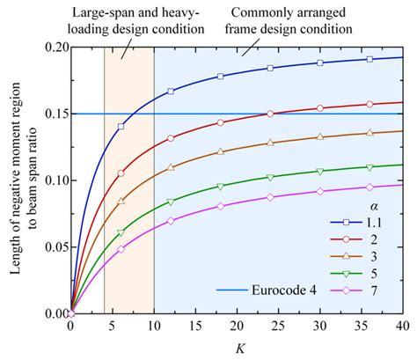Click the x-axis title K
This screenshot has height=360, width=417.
point(238,348)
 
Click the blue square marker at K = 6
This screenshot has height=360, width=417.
point(121,127)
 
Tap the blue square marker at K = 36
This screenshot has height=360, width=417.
point(370,59)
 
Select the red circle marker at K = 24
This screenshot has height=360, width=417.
point(270,114)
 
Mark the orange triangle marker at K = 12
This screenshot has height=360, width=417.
point(171,165)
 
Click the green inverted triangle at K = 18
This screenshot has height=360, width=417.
point(220,186)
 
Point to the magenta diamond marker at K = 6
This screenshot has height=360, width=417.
point(121,249)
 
